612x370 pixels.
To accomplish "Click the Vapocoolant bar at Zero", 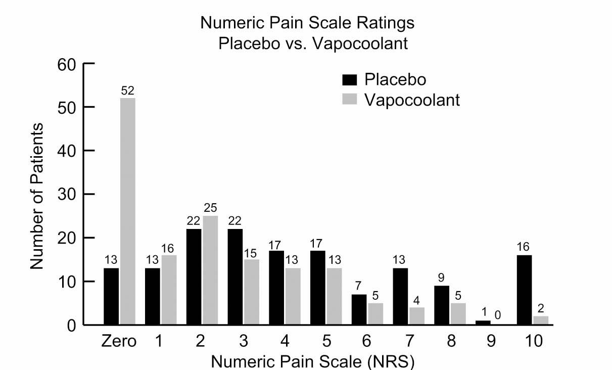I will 128,211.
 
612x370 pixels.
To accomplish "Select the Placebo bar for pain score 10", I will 524,290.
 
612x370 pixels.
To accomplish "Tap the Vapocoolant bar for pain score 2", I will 210,270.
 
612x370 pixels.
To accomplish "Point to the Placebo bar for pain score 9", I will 482,322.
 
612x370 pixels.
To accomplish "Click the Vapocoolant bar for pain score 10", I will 540,320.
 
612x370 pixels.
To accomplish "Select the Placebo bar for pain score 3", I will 235,277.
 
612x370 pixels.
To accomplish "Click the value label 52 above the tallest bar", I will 128,91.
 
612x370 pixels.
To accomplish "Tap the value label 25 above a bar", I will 210,208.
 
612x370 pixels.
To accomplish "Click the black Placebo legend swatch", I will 350,80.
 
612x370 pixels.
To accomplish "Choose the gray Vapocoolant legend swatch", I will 350,100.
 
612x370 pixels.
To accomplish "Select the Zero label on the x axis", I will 119,342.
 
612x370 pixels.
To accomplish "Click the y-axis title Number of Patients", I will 36,195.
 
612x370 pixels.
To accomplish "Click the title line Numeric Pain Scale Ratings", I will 307,23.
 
